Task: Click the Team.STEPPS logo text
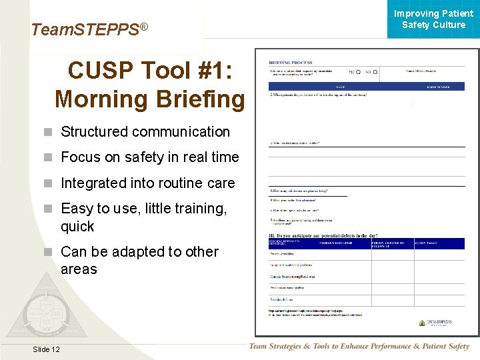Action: click(x=85, y=30)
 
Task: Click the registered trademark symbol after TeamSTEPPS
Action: click(x=143, y=27)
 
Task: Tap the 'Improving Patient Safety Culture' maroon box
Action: click(x=433, y=19)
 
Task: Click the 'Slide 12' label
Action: click(x=45, y=349)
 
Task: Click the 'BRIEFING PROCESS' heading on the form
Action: click(x=291, y=62)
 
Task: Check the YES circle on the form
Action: click(x=359, y=71)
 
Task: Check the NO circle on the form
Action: click(x=376, y=71)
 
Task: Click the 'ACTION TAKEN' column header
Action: click(x=427, y=243)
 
